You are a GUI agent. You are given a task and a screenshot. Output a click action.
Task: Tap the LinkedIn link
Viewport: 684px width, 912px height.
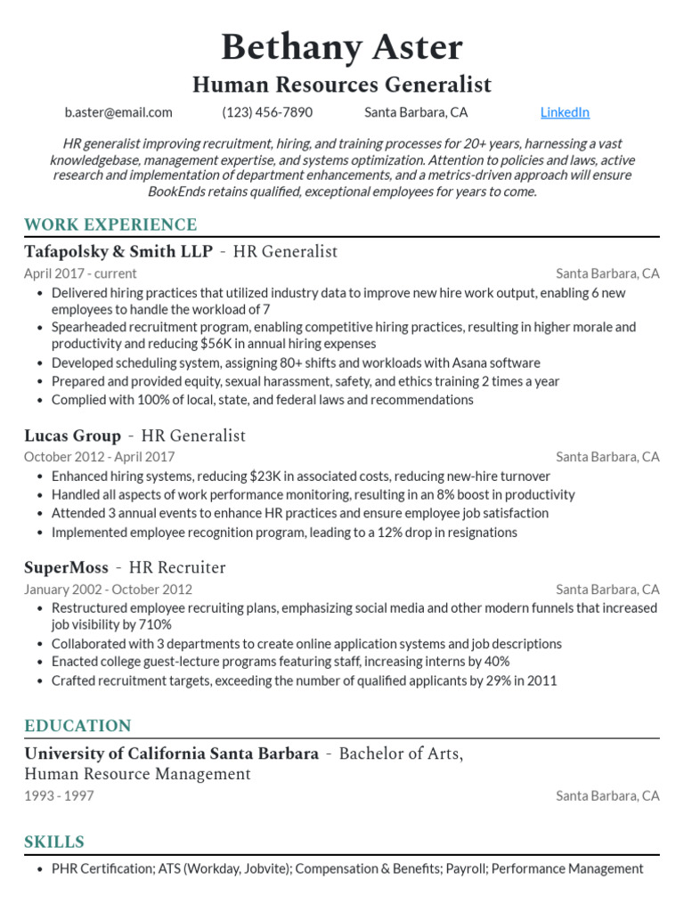[565, 112]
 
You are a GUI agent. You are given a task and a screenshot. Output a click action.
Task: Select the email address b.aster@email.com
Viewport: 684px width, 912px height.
[118, 112]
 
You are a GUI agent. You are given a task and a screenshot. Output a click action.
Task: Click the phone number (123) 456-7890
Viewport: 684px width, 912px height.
[267, 112]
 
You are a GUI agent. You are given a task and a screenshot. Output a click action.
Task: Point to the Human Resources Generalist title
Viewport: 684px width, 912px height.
[342, 85]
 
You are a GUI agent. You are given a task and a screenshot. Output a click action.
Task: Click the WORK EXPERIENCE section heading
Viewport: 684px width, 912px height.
[110, 224]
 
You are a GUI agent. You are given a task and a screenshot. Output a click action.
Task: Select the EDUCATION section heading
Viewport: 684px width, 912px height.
[77, 725]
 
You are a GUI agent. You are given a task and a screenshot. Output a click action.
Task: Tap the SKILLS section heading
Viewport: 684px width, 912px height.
[54, 842]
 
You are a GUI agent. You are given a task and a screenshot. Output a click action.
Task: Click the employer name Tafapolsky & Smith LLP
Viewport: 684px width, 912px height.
[118, 251]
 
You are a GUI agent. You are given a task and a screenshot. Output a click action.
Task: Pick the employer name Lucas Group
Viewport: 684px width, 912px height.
[72, 436]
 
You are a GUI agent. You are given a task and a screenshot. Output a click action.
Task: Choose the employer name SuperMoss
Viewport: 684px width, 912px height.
[66, 567]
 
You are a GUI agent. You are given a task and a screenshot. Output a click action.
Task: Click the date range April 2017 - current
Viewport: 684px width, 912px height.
[80, 273]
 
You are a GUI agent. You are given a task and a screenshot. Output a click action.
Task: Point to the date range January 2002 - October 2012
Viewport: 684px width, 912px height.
[108, 589]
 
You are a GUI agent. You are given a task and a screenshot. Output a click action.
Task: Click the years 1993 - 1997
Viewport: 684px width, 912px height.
[59, 795]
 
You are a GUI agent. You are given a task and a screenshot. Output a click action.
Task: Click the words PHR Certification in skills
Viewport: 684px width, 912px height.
[102, 868]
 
